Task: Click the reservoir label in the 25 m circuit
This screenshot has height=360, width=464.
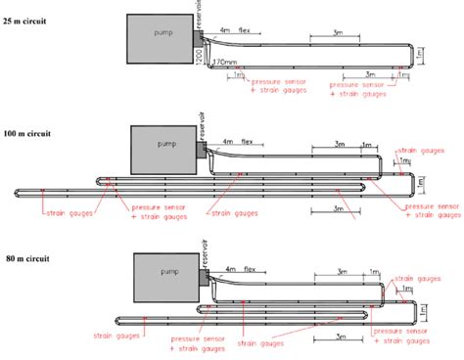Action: [199, 15]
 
